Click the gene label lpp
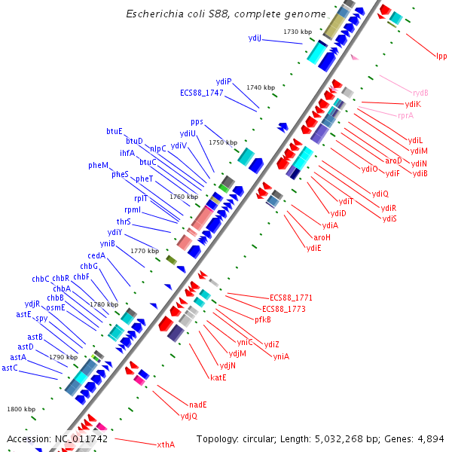click(x=441, y=56)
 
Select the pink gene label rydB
click(x=420, y=93)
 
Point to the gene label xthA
click(x=166, y=444)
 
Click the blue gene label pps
click(x=197, y=121)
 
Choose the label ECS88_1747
click(x=202, y=93)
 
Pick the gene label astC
click(x=10, y=368)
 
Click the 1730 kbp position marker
click(x=298, y=32)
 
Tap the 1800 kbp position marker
click(x=21, y=409)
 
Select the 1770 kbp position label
click(x=145, y=251)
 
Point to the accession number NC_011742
click(x=81, y=438)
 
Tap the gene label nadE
click(x=198, y=405)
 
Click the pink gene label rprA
click(x=405, y=115)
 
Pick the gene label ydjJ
click(x=255, y=38)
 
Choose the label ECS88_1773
click(x=283, y=309)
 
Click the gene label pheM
click(x=98, y=165)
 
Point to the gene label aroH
click(x=322, y=237)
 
